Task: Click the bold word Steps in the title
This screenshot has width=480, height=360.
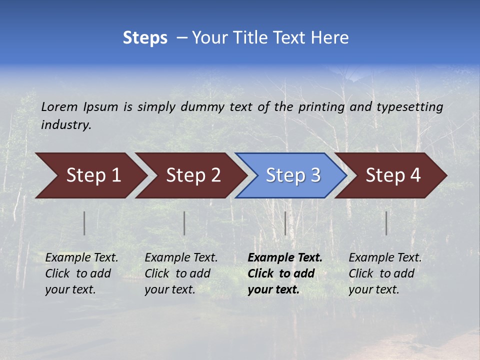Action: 145,38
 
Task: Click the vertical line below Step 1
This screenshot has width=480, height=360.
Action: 84,223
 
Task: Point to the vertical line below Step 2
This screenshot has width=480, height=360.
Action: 184,223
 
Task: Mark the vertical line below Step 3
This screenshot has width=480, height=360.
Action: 285,223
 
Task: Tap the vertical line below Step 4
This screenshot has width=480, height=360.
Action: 386,223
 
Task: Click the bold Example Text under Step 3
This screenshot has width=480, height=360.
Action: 285,273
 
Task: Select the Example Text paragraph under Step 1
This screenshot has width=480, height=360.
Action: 81,273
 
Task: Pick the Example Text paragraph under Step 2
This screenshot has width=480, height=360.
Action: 181,273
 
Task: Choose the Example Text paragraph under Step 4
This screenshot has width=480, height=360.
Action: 385,273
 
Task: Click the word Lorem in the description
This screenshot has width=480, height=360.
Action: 59,106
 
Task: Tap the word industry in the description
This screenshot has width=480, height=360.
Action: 65,125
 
